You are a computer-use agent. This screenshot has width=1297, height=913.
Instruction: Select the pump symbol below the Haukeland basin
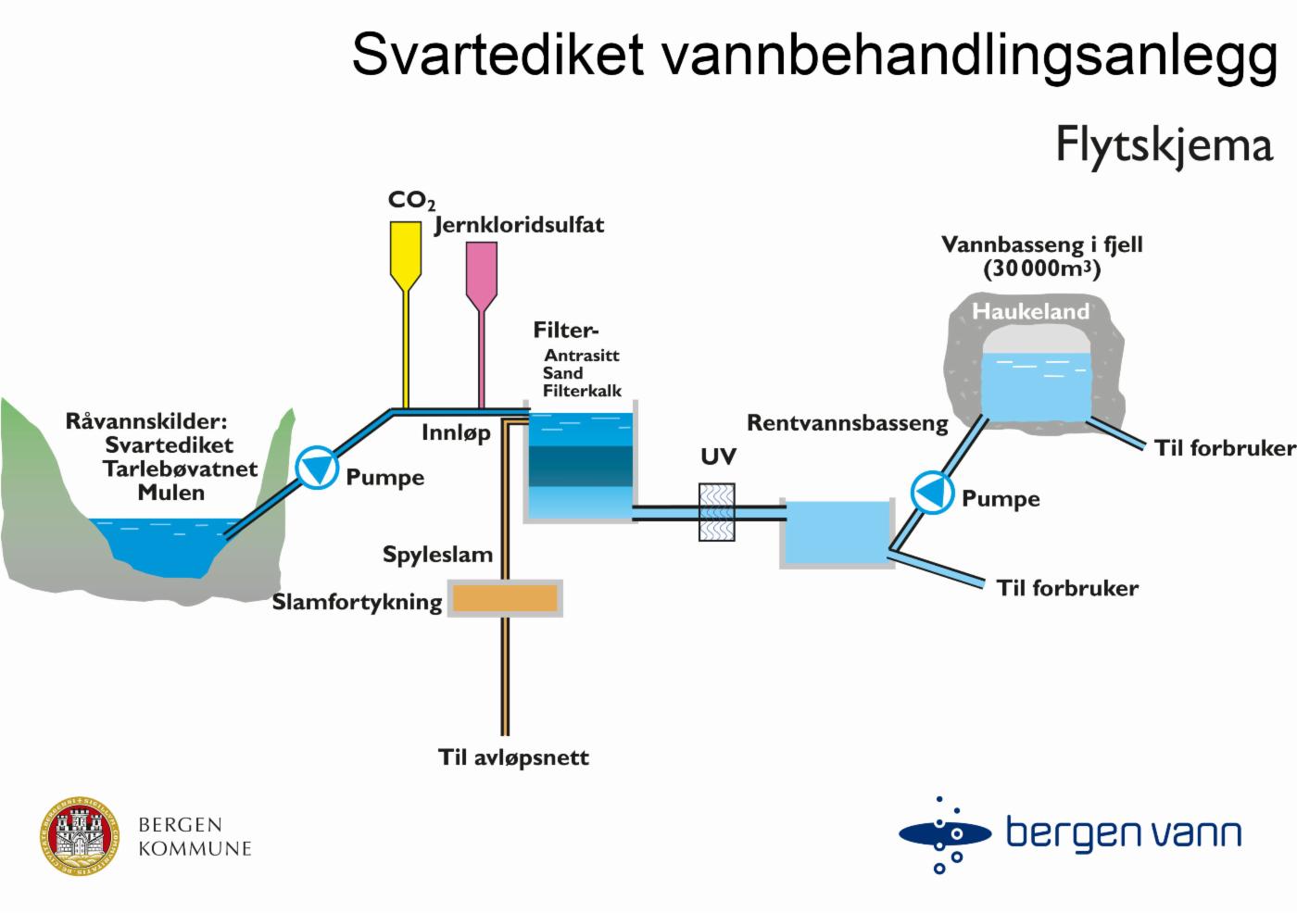(931, 492)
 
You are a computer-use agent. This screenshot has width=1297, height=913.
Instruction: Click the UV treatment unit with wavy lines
(716, 512)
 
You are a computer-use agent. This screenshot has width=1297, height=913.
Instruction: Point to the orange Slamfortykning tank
(505, 598)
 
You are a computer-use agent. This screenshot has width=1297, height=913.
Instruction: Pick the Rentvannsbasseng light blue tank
(837, 532)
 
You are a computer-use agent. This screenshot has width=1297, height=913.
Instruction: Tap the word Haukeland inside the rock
(1030, 311)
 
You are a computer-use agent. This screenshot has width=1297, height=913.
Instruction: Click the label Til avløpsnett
(513, 757)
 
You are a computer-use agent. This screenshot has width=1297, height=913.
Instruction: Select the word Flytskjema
(1164, 145)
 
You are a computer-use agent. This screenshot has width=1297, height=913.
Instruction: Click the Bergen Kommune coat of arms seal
(80, 835)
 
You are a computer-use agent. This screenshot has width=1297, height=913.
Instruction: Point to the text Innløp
(456, 432)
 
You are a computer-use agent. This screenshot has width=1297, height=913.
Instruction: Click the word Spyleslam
(437, 556)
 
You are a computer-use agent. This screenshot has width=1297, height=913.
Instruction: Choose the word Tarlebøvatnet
(180, 469)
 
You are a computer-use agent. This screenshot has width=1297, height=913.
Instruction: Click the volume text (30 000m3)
(1042, 269)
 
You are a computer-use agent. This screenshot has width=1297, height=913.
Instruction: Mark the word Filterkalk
(582, 391)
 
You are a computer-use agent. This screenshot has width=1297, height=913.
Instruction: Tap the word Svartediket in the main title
(497, 54)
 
